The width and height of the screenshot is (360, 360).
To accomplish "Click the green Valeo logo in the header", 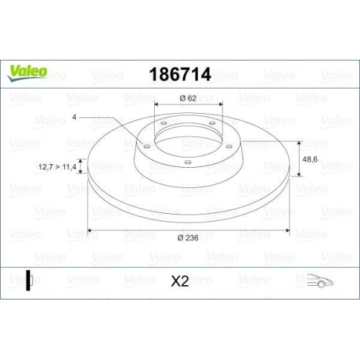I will [x=28, y=71].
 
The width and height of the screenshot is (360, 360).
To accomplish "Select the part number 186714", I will [x=179, y=73].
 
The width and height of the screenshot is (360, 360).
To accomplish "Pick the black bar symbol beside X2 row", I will [x=28, y=280].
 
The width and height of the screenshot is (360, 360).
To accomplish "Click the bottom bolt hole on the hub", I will [x=186, y=163].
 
